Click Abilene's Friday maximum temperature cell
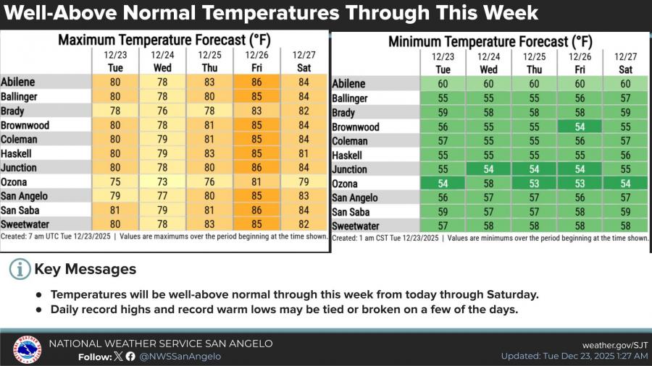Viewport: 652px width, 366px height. pos(256,82)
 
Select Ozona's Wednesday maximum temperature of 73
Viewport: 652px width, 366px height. pos(162,182)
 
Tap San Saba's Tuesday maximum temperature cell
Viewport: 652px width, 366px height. pos(114,210)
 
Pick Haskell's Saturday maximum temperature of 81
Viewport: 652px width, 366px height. pos(303,153)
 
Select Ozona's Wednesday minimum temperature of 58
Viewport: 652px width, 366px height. pos(489,184)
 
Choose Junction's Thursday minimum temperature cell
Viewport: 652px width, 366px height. pos(535,169)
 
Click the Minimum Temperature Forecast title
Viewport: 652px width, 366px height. pos(490,41)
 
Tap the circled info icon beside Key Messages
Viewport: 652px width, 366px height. pos(20,270)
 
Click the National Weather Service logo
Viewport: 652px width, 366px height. pos(27,349)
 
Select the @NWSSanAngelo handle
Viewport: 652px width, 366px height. pos(180,356)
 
